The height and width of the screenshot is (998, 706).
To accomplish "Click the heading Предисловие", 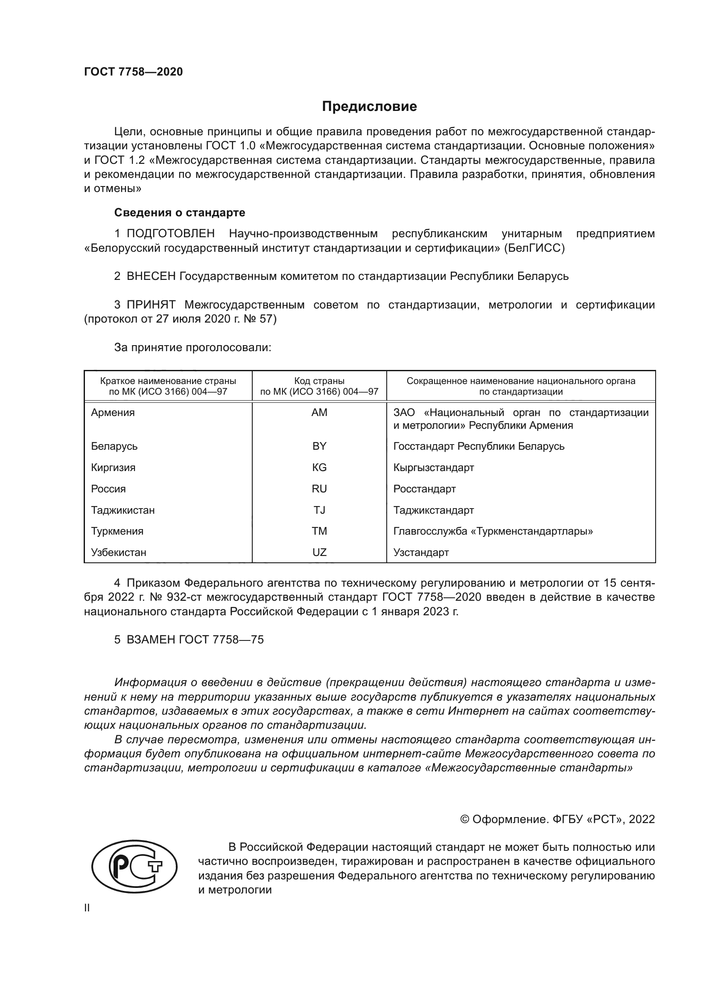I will (369, 107).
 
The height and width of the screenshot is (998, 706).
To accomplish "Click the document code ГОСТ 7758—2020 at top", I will (134, 72).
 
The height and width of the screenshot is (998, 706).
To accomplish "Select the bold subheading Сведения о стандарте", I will (180, 212).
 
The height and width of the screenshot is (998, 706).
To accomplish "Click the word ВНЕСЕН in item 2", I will (151, 276).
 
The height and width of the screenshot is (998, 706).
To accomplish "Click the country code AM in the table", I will (319, 413).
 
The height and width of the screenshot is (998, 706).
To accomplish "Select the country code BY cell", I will (319, 446).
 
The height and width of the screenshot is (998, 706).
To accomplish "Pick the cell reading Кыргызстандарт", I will (433, 468).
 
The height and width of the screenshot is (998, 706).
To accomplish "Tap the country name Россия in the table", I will (108, 489).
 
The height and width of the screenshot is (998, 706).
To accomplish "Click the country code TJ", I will (319, 510).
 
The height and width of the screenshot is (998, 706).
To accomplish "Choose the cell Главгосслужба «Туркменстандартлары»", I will (493, 531).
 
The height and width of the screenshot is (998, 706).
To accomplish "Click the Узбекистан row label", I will (119, 553).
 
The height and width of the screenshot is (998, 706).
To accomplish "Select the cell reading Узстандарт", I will (421, 553).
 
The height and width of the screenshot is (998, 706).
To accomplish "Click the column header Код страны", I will (319, 381).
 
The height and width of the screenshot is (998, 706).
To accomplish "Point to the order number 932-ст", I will (184, 597).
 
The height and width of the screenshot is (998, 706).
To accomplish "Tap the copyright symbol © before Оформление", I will (464, 819).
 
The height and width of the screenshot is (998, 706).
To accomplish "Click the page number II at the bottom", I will (87, 908).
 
